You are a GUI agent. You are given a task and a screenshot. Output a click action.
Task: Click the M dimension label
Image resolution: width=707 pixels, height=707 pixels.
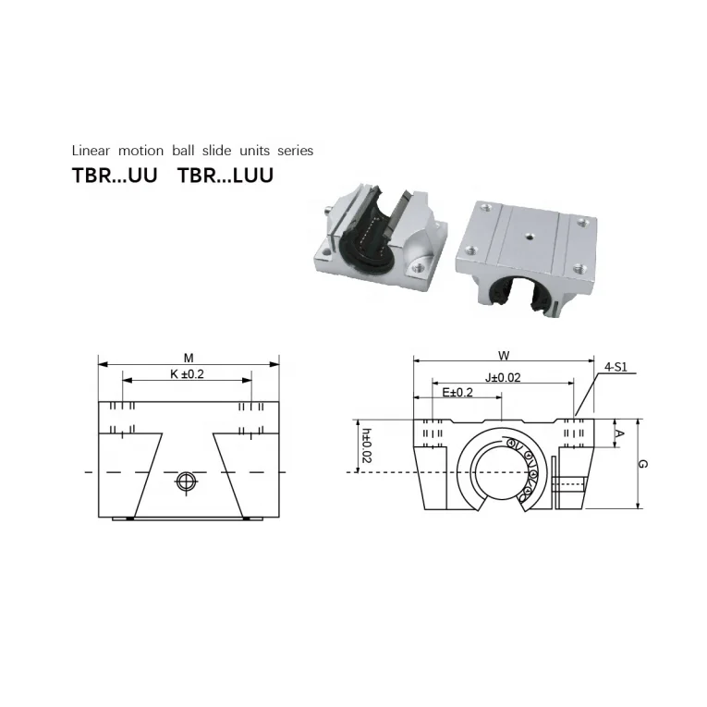pyautogui.click(x=189, y=358)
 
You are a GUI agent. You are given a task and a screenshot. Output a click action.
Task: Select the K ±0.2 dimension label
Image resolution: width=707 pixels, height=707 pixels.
pyautogui.click(x=187, y=373)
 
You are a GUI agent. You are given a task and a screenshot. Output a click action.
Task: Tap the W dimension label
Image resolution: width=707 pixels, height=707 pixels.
pyautogui.click(x=504, y=356)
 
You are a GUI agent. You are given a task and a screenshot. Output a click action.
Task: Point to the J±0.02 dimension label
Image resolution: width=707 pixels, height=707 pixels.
pyautogui.click(x=503, y=377)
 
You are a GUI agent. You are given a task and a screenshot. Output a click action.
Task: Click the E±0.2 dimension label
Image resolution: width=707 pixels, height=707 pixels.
pyautogui.click(x=457, y=393)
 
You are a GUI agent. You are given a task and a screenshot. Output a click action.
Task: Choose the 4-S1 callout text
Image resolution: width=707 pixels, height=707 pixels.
pyautogui.click(x=616, y=367)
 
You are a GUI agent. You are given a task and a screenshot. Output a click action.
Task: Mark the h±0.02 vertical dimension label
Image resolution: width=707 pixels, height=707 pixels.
pyautogui.click(x=367, y=445)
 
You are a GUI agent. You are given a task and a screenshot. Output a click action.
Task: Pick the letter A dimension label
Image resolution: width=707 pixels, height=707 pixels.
pyautogui.click(x=620, y=433)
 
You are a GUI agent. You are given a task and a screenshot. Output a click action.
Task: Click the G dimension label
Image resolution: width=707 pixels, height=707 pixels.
pyautogui.click(x=643, y=464)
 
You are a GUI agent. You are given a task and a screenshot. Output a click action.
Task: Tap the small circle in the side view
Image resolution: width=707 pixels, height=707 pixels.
pyautogui.click(x=186, y=481)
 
